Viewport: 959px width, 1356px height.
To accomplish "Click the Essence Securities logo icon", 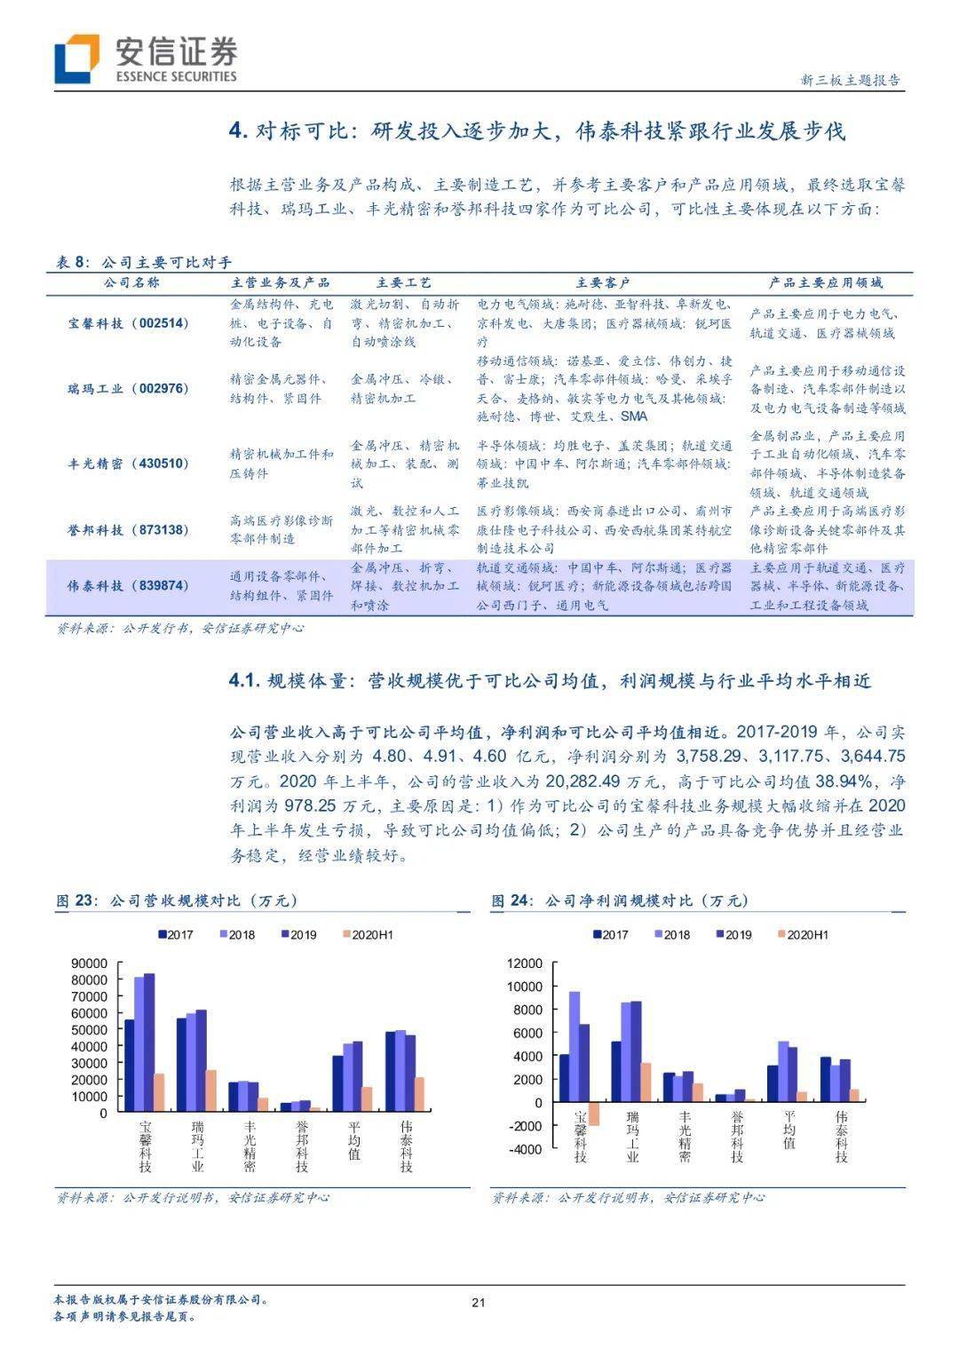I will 76,59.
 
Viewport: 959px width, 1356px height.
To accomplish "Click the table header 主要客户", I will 603,282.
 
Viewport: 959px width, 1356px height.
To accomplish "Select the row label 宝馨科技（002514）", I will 129,323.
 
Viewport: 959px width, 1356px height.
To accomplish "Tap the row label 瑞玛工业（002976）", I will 129,388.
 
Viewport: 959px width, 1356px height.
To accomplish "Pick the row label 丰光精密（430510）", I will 129,464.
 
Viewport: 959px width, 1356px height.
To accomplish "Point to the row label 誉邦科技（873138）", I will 129,529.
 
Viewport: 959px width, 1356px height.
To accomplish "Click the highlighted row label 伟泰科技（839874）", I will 129,585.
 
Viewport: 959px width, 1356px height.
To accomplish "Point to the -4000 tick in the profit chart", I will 523,1149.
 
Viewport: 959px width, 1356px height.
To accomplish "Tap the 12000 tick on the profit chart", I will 525,963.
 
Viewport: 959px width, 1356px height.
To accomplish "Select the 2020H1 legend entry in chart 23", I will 366,935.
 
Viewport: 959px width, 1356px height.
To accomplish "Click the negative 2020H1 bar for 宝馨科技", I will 593,1114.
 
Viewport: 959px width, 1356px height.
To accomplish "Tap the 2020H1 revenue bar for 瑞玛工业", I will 210,1090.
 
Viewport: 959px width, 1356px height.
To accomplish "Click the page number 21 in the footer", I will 479,1303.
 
